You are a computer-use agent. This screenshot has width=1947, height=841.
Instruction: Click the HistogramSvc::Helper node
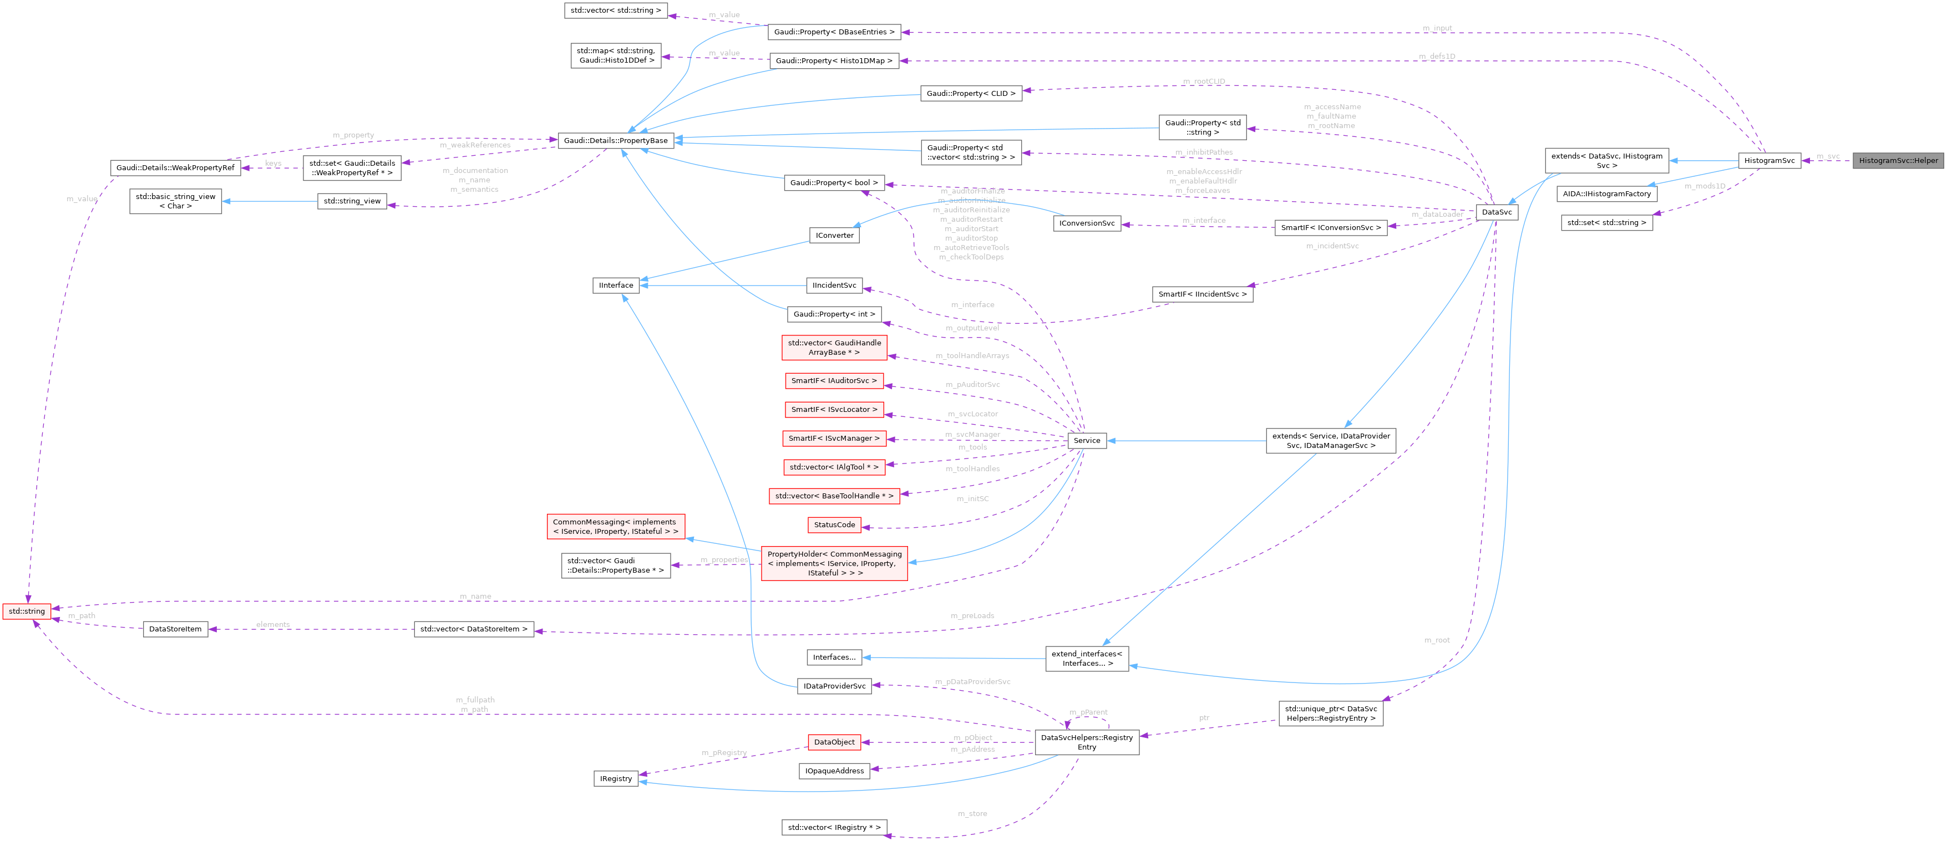pos(1897,160)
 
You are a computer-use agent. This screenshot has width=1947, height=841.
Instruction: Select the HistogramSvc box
pos(1768,160)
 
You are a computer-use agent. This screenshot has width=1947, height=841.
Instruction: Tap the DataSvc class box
pos(1496,212)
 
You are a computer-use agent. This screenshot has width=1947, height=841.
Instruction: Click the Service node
pos(1086,441)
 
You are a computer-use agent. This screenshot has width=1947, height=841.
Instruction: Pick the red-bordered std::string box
pos(27,610)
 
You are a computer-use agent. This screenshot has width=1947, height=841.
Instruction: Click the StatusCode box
pos(834,524)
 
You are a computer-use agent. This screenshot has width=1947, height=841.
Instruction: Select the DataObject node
pos(834,742)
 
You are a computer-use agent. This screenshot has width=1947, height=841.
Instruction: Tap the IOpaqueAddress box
pos(834,771)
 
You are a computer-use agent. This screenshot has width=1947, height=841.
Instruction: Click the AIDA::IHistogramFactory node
pos(1606,193)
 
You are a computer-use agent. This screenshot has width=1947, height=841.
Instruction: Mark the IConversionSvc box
pos(1086,223)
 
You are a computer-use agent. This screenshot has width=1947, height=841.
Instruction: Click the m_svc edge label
pos(1828,156)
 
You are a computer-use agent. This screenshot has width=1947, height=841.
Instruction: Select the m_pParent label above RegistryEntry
pos(1088,712)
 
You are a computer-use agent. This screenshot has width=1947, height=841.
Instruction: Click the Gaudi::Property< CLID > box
pos(971,93)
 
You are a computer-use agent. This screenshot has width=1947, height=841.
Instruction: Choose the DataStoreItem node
pos(175,629)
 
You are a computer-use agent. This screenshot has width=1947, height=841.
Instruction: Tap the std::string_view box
pos(352,201)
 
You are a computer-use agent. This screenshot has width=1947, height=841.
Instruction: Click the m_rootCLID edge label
pos(1204,81)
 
